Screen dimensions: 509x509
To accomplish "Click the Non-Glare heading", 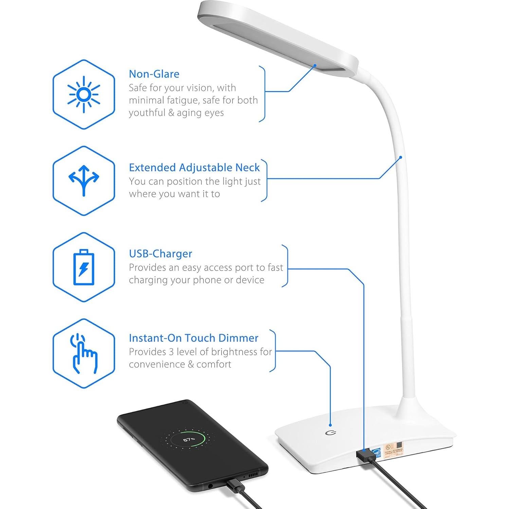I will [x=154, y=74].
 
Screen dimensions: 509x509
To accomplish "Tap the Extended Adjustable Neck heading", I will [x=194, y=167].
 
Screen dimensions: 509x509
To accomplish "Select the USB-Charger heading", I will [x=160, y=254].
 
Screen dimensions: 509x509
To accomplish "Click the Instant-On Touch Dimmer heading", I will [x=194, y=338].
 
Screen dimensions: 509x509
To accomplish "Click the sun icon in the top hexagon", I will [x=84, y=94].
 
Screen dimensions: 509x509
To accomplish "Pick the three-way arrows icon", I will [x=84, y=180].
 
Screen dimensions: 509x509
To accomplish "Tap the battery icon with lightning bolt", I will [x=84, y=267].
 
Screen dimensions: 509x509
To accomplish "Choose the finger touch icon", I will [x=84, y=353].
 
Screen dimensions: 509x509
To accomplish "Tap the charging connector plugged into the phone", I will [x=234, y=484].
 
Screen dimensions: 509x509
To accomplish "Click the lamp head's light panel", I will [x=272, y=41].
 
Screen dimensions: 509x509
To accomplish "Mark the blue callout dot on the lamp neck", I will [x=401, y=157].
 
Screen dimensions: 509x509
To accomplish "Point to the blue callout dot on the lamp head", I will [x=315, y=66].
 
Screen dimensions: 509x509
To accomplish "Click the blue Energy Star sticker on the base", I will [x=377, y=452].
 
